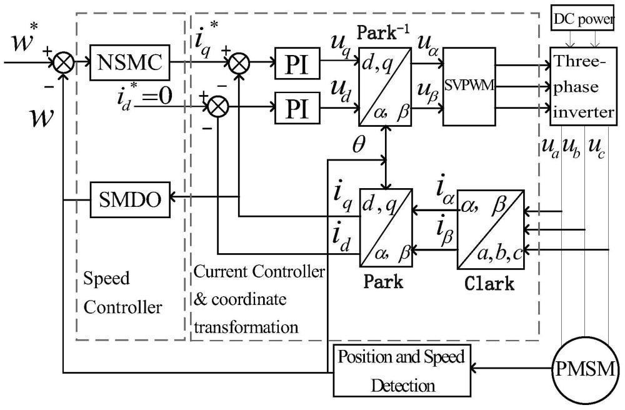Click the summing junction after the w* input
(64, 62)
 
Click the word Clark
(490, 284)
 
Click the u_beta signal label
(429, 95)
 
